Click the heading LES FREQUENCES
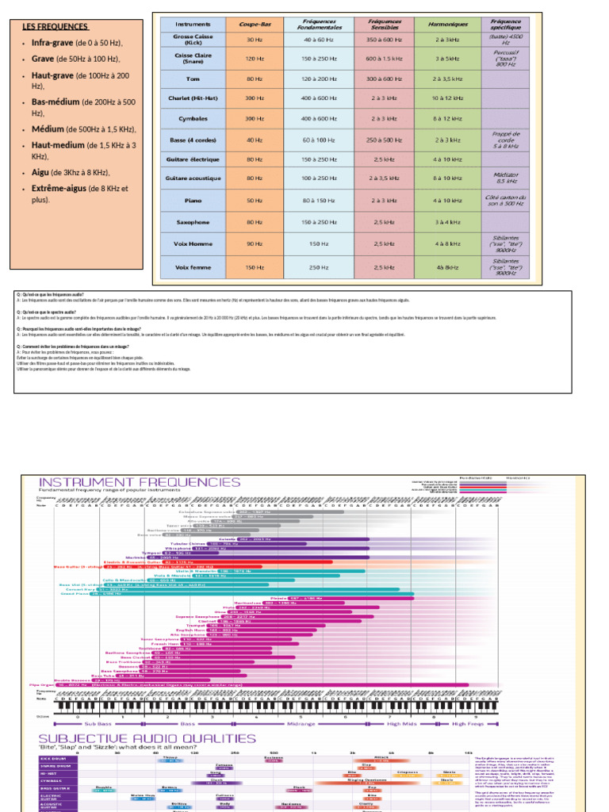(55, 27)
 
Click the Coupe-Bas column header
(255, 24)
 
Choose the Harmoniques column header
(446, 24)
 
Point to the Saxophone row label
(193, 222)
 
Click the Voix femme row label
(193, 267)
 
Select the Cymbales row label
(193, 119)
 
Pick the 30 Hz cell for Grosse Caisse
(255, 39)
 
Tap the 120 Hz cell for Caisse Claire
(255, 59)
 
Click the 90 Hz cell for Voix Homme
(255, 244)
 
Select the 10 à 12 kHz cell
(446, 98)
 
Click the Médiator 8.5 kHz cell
(506, 177)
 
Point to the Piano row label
(193, 201)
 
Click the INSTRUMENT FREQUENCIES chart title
(140, 481)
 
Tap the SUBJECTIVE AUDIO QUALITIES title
(147, 738)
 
